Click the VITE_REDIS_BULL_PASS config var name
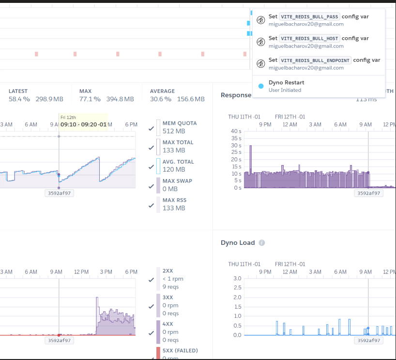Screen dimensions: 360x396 pos(310,16)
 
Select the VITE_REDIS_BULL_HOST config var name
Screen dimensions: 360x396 pos(310,38)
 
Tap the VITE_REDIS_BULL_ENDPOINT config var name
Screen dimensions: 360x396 pos(316,60)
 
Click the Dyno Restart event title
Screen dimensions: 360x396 pos(286,83)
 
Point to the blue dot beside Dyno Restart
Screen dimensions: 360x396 pos(261,86)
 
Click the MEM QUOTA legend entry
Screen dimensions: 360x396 pos(180,123)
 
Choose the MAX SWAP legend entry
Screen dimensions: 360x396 pos(177,181)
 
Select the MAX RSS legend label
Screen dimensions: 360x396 pos(174,200)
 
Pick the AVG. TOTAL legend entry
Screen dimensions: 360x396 pos(178,162)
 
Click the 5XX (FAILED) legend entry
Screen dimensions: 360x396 pos(180,350)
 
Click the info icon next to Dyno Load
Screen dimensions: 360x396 pos(262,243)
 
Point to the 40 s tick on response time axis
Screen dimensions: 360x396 pos(236,131)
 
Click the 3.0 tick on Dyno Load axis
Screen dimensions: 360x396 pos(237,279)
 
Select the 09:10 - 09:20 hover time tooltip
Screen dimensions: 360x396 pos(83,124)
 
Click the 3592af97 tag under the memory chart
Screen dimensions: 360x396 pos(59,193)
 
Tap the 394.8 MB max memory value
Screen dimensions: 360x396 pos(120,99)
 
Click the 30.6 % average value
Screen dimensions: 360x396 pos(161,99)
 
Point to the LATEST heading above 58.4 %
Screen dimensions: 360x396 pos(18,91)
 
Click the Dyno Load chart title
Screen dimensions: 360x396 pos(237,243)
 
